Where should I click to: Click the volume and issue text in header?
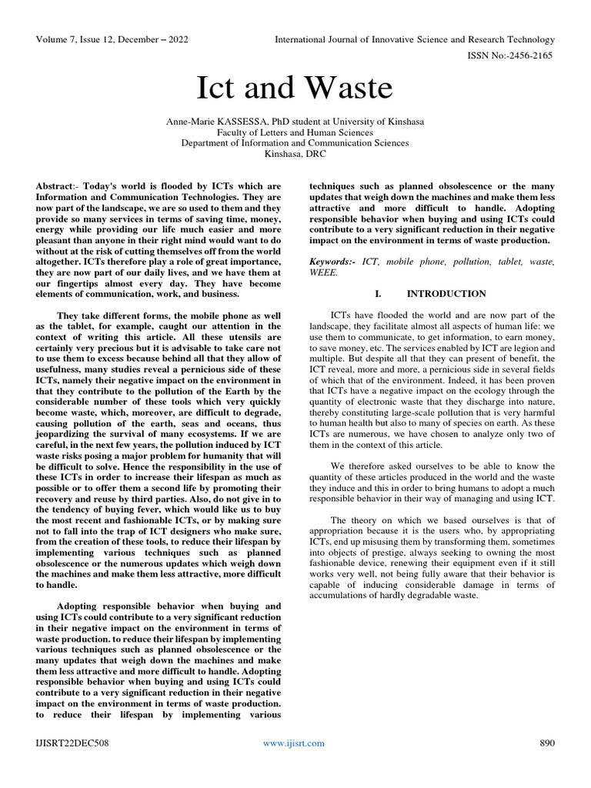click(112, 39)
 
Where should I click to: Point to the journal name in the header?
click(416, 39)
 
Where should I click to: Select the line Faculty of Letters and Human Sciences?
click(295, 132)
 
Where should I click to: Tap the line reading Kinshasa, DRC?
click(295, 154)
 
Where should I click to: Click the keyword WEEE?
click(323, 273)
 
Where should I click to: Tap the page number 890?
click(546, 743)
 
